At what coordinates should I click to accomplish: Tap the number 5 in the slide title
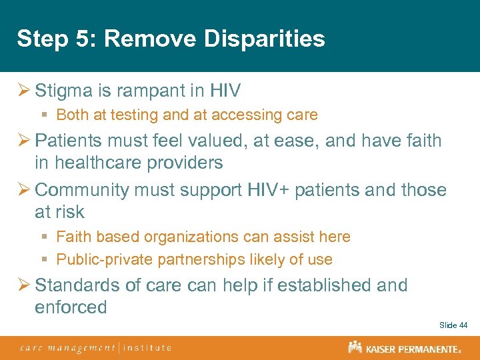pyautogui.click(x=77, y=39)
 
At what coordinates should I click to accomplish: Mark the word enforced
pyautogui.click(x=71, y=307)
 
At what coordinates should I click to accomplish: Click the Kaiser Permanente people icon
pyautogui.click(x=355, y=347)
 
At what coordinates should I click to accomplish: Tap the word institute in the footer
pyautogui.click(x=147, y=348)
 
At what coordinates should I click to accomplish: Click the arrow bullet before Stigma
pyautogui.click(x=23, y=91)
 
